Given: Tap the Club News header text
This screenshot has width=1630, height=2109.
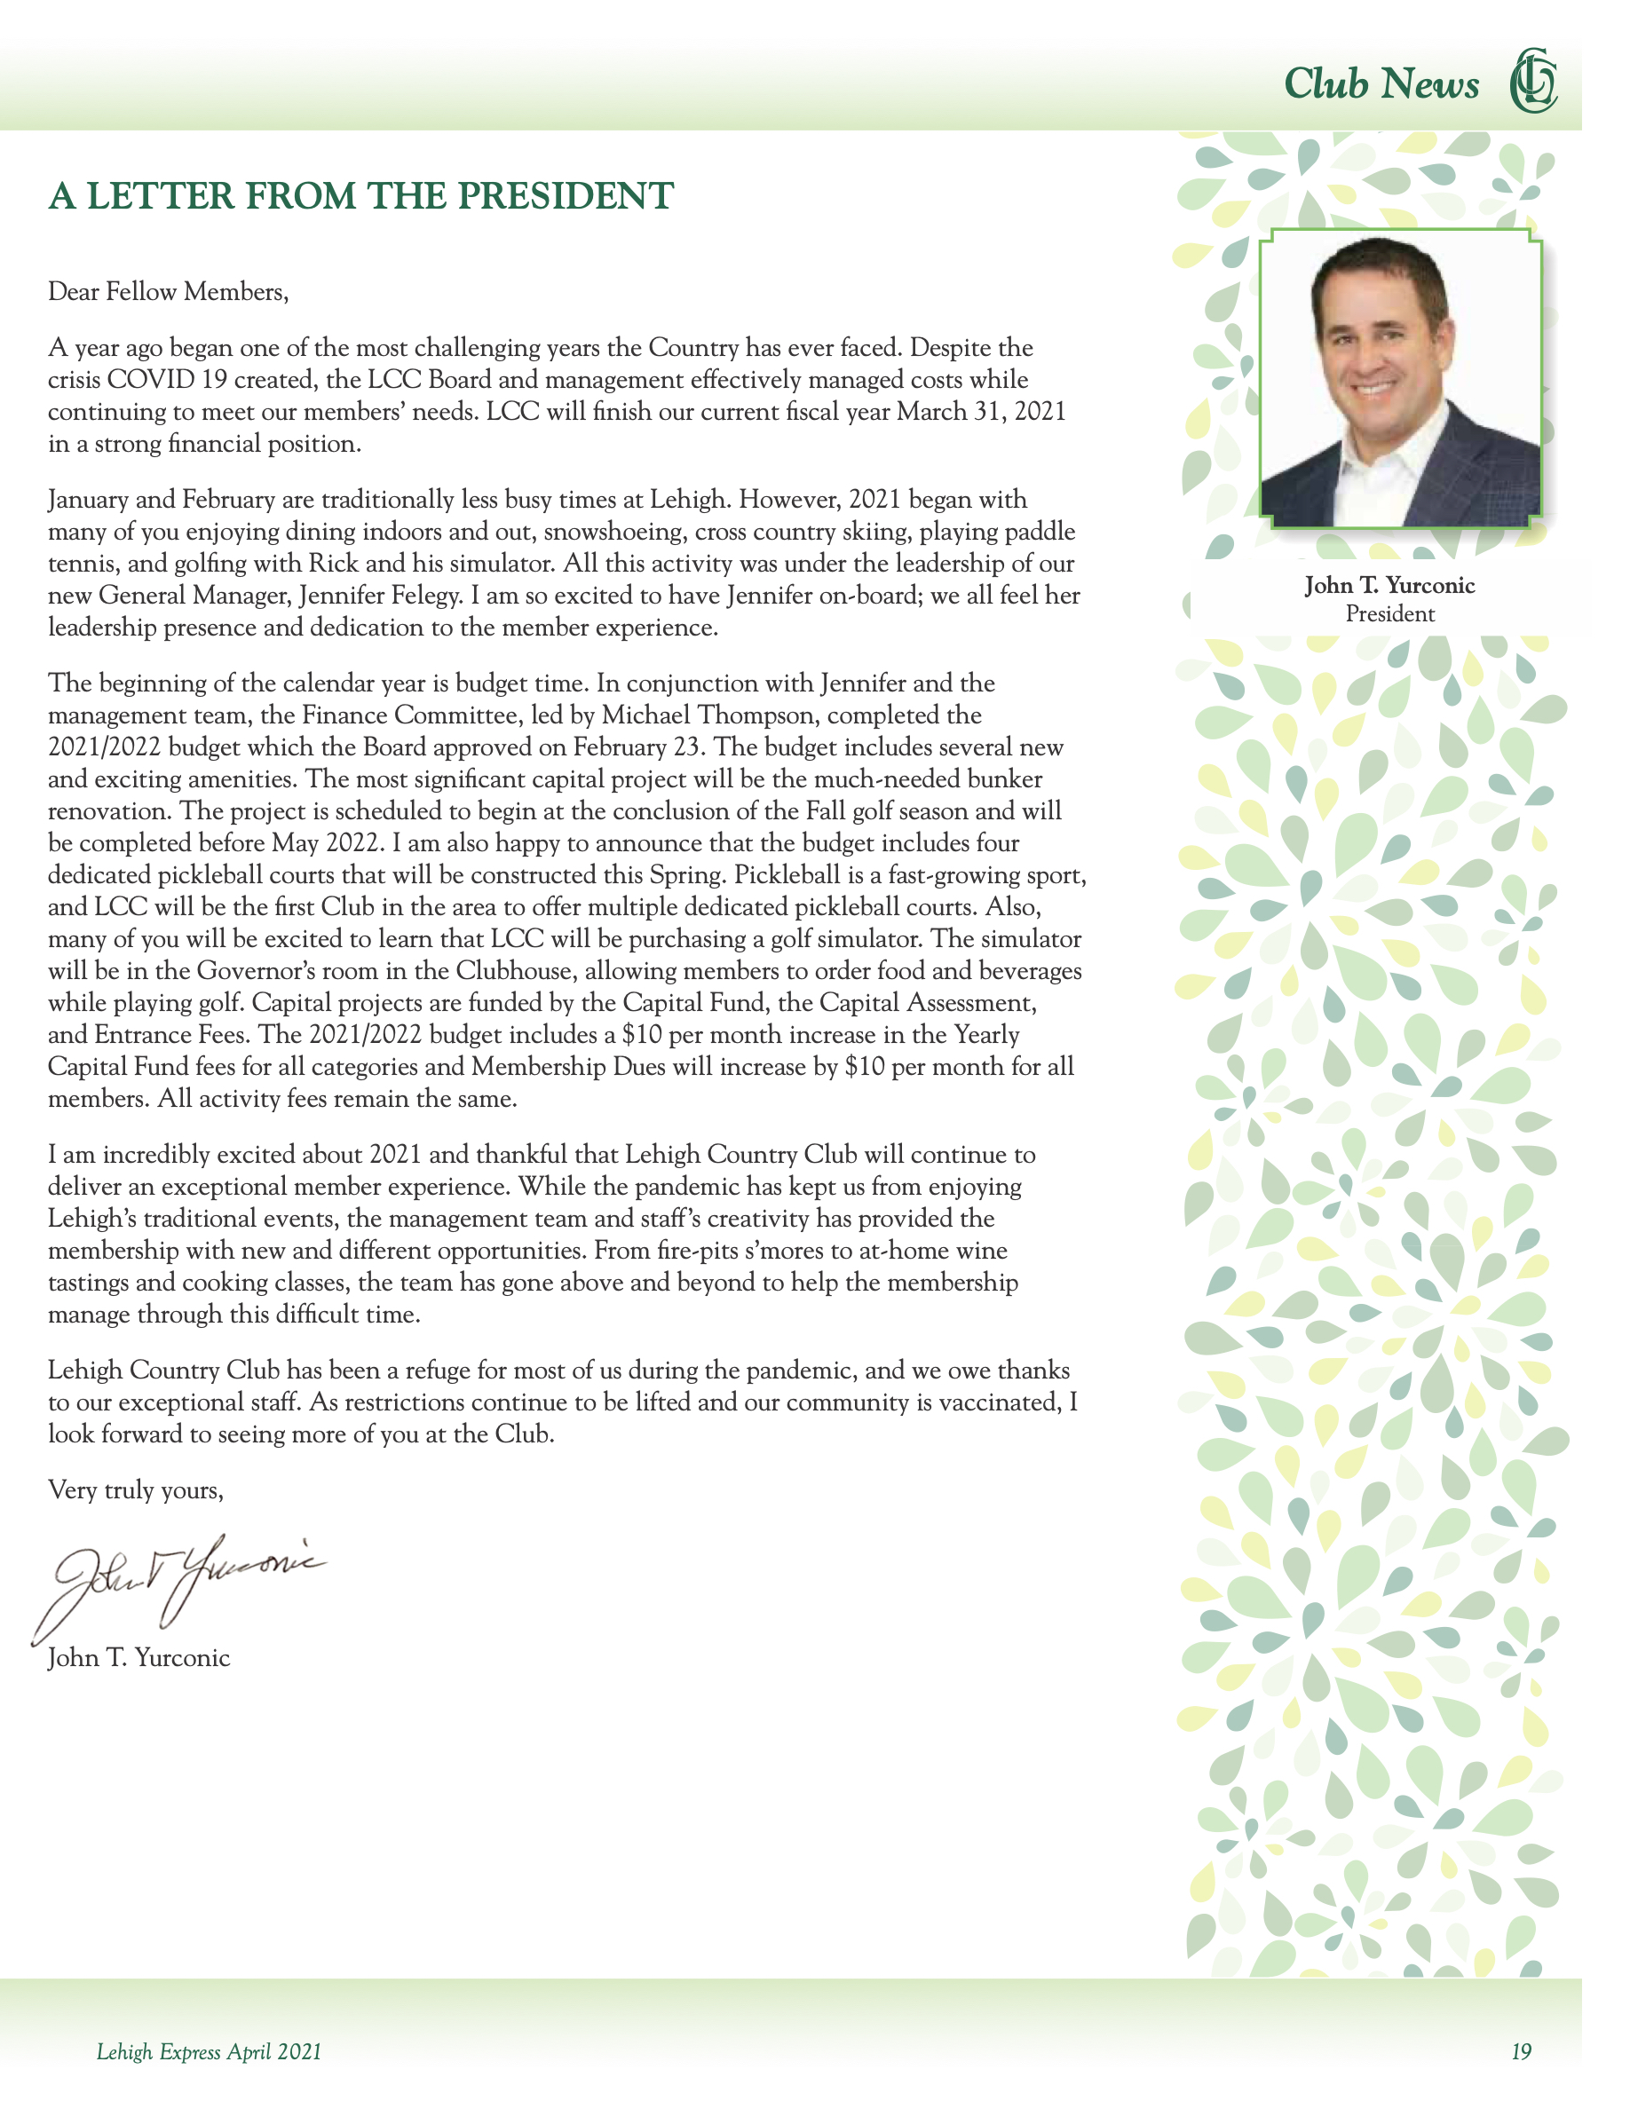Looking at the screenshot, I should [x=1381, y=84].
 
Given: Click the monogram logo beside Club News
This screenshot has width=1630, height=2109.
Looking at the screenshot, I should [x=1532, y=80].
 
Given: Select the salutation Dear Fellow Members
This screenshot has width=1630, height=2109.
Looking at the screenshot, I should [x=168, y=292].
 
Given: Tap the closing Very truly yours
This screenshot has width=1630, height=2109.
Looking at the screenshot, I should [x=136, y=1490].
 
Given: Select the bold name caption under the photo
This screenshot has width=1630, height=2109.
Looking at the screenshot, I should [x=1389, y=585].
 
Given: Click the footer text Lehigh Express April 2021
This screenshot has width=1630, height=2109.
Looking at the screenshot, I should [x=209, y=2052].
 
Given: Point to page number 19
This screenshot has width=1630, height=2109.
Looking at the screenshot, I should [x=1522, y=2052].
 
